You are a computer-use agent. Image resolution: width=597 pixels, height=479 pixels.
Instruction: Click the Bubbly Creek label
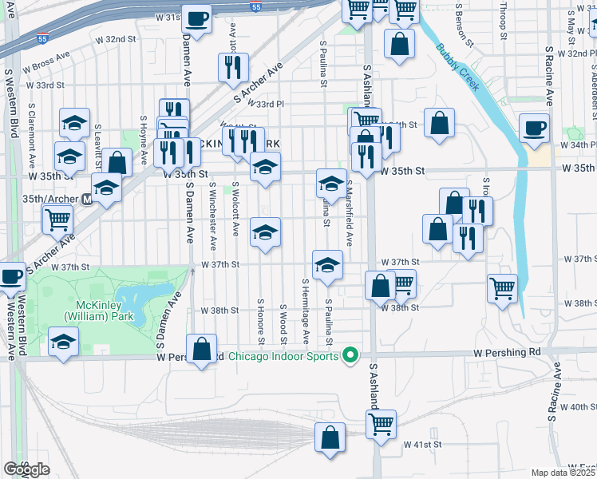(x=457, y=67)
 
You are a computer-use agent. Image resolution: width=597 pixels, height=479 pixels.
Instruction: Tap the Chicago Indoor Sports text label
(x=283, y=356)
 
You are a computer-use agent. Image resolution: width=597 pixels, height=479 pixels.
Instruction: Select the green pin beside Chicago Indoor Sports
(x=350, y=355)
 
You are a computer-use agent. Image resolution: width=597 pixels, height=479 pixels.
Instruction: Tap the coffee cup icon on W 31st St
(x=196, y=18)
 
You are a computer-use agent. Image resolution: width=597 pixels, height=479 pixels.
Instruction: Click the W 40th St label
(x=577, y=407)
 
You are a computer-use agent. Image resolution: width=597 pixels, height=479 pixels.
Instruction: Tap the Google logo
(x=27, y=469)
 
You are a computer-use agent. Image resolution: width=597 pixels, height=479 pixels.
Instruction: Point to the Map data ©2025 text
(x=563, y=473)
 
